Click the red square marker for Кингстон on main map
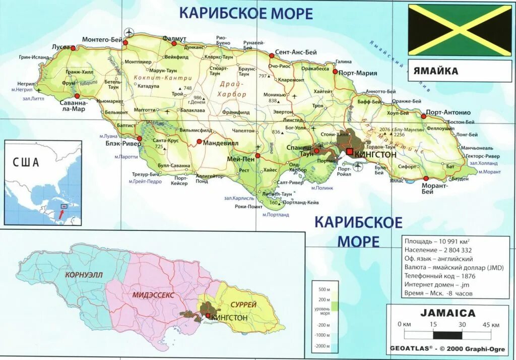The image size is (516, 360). (349, 151)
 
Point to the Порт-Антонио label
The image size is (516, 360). (448, 112)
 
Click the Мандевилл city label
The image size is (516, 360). (220, 143)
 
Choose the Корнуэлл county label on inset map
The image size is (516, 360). (80, 275)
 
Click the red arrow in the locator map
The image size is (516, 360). (60, 214)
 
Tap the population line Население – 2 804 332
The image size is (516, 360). (438, 250)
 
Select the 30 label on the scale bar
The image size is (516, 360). (462, 324)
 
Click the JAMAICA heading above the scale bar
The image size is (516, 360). (448, 313)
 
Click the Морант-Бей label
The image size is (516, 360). (434, 189)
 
